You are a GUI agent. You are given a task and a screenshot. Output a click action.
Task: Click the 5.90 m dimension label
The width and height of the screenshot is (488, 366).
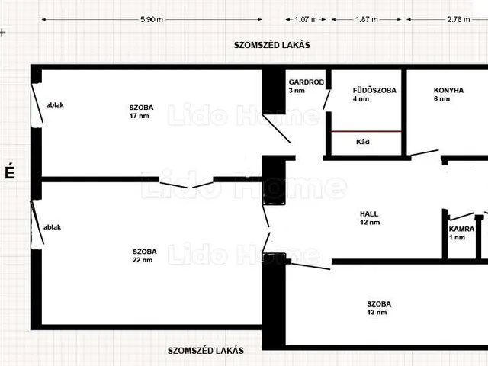click(152, 19)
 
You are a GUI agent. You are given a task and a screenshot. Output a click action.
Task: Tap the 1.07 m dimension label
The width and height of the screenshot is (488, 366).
click(306, 19)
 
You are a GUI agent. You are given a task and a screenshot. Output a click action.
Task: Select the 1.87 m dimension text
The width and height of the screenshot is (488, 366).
click(367, 19)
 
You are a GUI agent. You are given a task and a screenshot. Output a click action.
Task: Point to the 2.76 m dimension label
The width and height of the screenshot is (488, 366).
click(458, 19)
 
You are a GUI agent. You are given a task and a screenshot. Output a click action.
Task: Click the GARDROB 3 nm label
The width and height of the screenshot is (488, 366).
click(307, 86)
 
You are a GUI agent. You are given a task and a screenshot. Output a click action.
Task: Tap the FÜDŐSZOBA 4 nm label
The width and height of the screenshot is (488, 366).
click(374, 95)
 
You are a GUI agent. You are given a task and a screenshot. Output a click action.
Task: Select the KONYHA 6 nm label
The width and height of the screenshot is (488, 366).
click(448, 95)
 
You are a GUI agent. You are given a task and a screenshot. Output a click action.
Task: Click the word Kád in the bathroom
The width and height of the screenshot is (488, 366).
click(363, 142)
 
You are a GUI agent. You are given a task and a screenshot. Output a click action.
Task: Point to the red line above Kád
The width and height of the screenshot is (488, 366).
click(366, 131)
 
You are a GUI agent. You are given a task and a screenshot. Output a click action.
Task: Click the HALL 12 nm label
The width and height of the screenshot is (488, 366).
click(370, 218)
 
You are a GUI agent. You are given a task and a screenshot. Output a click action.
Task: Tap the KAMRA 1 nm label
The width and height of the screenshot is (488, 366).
click(461, 233)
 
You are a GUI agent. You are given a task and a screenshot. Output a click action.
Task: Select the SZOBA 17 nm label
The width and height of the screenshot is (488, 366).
click(141, 111)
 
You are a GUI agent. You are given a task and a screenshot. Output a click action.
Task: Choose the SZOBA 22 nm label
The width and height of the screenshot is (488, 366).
click(144, 255)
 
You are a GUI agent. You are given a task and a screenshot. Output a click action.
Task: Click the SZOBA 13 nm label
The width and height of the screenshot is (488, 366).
click(379, 308)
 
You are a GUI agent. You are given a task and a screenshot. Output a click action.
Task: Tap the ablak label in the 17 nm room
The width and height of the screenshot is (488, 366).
click(55, 105)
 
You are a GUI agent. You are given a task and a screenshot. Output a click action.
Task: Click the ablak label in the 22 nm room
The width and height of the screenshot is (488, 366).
click(52, 227)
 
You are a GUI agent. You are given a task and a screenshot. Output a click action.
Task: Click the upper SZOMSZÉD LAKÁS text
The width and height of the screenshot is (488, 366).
click(271, 45)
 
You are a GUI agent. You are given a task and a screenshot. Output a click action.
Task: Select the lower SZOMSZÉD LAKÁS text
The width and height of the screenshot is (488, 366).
click(205, 351)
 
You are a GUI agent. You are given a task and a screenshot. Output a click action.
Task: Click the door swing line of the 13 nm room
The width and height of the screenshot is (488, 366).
click(310, 266)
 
